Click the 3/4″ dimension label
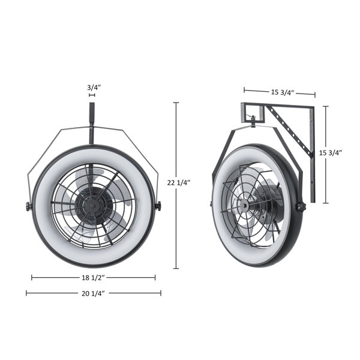[94, 88]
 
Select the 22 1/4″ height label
[179, 183]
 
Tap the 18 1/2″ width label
[93, 278]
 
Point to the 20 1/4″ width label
[93, 293]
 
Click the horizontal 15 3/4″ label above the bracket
[283, 92]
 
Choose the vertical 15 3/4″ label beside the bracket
[331, 152]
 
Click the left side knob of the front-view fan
[28, 206]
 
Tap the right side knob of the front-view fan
[158, 205]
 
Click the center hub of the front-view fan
[92, 206]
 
